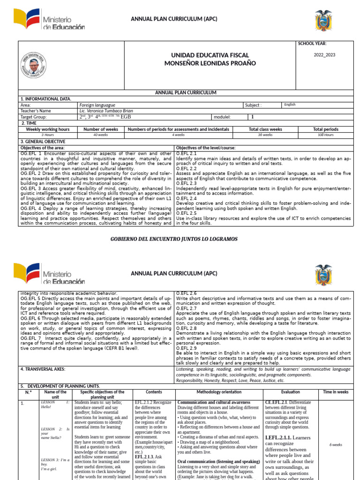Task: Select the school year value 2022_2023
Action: [325, 55]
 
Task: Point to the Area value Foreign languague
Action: [97, 105]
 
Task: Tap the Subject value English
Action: [290, 105]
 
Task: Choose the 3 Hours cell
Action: [47, 135]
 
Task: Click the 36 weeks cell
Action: [265, 135]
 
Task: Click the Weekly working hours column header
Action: [47, 129]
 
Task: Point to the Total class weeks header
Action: [265, 129]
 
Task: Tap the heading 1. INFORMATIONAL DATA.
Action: [45, 99]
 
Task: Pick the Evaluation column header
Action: [291, 392]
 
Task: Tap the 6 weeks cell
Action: [336, 445]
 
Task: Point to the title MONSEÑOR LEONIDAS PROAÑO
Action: [210, 63]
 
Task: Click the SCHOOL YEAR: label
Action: [312, 44]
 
